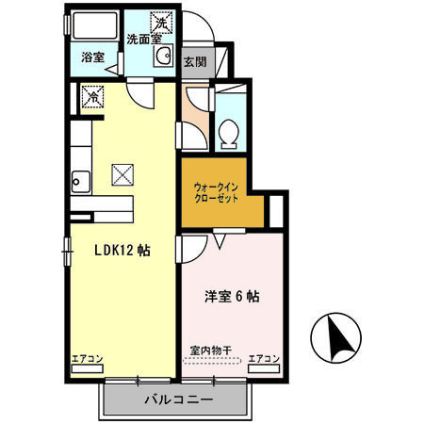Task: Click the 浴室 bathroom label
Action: [x=92, y=57]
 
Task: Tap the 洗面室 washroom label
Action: [x=144, y=39]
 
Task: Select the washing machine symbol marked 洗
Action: [x=161, y=23]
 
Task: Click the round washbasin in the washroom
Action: [x=164, y=56]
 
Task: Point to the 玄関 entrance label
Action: [x=195, y=62]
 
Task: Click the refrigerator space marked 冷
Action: [x=92, y=97]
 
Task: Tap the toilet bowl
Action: [x=228, y=134]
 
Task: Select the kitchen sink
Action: [x=81, y=182]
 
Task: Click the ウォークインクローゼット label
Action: [x=216, y=193]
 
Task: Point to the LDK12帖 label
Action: [x=122, y=251]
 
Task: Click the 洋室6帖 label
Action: [x=232, y=296]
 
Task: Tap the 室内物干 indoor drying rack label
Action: [x=211, y=350]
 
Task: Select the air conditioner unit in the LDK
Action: [x=88, y=368]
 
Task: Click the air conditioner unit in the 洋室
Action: [x=264, y=368]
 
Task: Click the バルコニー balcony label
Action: [x=179, y=400]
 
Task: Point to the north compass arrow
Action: [x=340, y=338]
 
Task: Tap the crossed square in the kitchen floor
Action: [x=122, y=174]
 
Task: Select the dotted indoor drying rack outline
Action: [x=212, y=360]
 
